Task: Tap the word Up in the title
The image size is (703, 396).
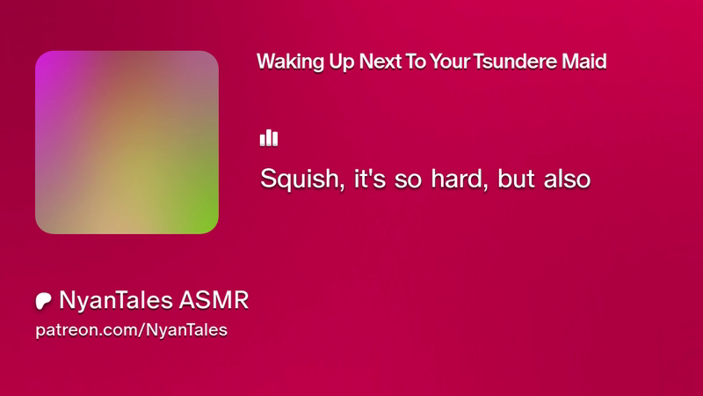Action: pyautogui.click(x=342, y=62)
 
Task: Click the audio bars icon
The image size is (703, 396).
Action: pyautogui.click(x=269, y=138)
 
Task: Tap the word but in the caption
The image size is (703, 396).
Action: pyautogui.click(x=516, y=179)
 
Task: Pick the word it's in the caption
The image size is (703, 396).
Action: pyautogui.click(x=370, y=179)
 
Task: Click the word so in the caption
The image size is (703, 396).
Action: pyautogui.click(x=408, y=180)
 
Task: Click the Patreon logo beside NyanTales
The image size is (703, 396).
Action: pyautogui.click(x=43, y=301)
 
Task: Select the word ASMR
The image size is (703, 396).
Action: pyautogui.click(x=214, y=300)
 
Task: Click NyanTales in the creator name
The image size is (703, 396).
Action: pyautogui.click(x=116, y=300)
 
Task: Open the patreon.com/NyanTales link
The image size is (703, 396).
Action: pyautogui.click(x=131, y=330)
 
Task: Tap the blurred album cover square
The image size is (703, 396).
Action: pyautogui.click(x=127, y=143)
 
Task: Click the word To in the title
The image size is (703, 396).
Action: pyautogui.click(x=416, y=62)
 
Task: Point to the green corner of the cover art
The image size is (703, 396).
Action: pyautogui.click(x=207, y=222)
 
